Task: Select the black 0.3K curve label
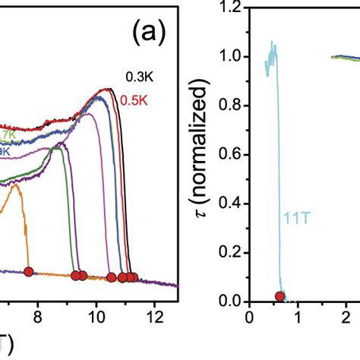[x=137, y=74]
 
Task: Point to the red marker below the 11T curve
[x=280, y=296]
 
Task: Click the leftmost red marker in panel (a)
[x=29, y=271]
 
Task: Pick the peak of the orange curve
[x=15, y=187]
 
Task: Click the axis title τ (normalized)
[x=200, y=155]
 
